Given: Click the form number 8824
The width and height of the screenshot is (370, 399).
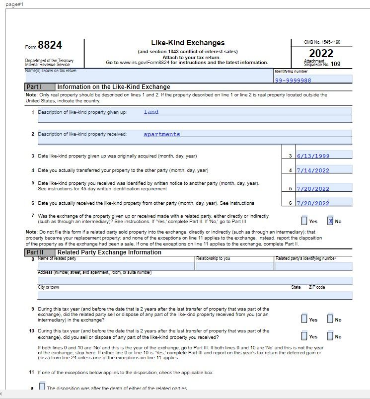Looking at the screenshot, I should tap(50, 46).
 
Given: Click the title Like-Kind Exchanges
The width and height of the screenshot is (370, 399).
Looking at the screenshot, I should tap(188, 43).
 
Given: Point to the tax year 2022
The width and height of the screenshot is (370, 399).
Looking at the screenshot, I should tap(321, 53).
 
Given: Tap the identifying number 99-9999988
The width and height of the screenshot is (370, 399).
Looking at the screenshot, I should tap(293, 80).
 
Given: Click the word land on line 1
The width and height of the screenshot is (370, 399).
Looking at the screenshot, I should tap(151, 112).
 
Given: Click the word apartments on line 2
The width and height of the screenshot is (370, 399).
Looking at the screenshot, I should tap(162, 134).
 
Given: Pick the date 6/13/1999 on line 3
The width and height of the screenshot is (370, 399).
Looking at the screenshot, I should tap(313, 156).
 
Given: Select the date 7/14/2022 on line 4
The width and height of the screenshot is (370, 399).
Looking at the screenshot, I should tap(313, 170).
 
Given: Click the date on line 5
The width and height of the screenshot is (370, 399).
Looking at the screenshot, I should tap(313, 189).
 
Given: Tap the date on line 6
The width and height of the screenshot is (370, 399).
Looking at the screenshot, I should tap(313, 203).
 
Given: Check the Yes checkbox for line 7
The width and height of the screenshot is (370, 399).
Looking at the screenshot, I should tap(304, 221).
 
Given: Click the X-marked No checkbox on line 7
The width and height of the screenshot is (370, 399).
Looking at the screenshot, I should tap(330, 221).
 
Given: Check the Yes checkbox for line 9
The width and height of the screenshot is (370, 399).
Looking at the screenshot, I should tap(304, 319).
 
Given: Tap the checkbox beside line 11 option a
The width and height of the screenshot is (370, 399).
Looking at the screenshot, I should tap(42, 386).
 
